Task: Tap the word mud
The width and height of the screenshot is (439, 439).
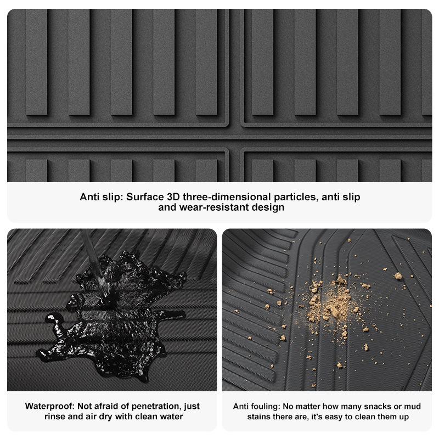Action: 411,406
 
